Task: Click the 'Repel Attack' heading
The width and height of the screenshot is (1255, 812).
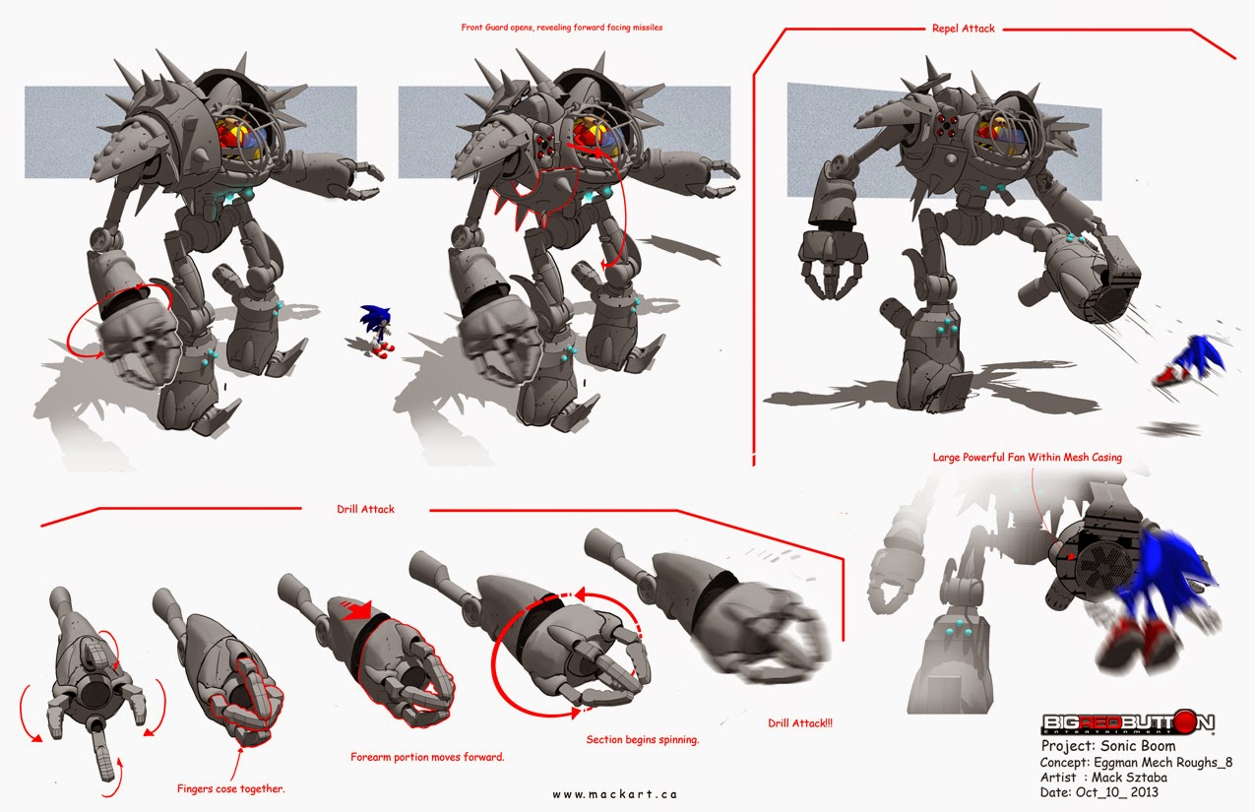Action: pos(964,29)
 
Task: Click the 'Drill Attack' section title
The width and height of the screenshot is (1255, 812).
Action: pos(365,509)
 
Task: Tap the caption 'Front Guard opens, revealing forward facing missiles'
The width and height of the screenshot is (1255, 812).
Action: pos(561,28)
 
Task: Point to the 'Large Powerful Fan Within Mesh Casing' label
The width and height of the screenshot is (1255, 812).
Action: pos(1027,457)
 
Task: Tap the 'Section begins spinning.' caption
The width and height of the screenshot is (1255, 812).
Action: pos(642,739)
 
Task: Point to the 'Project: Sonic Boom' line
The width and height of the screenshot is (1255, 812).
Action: pos(1107,747)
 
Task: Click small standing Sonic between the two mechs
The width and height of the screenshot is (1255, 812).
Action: pos(376,328)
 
